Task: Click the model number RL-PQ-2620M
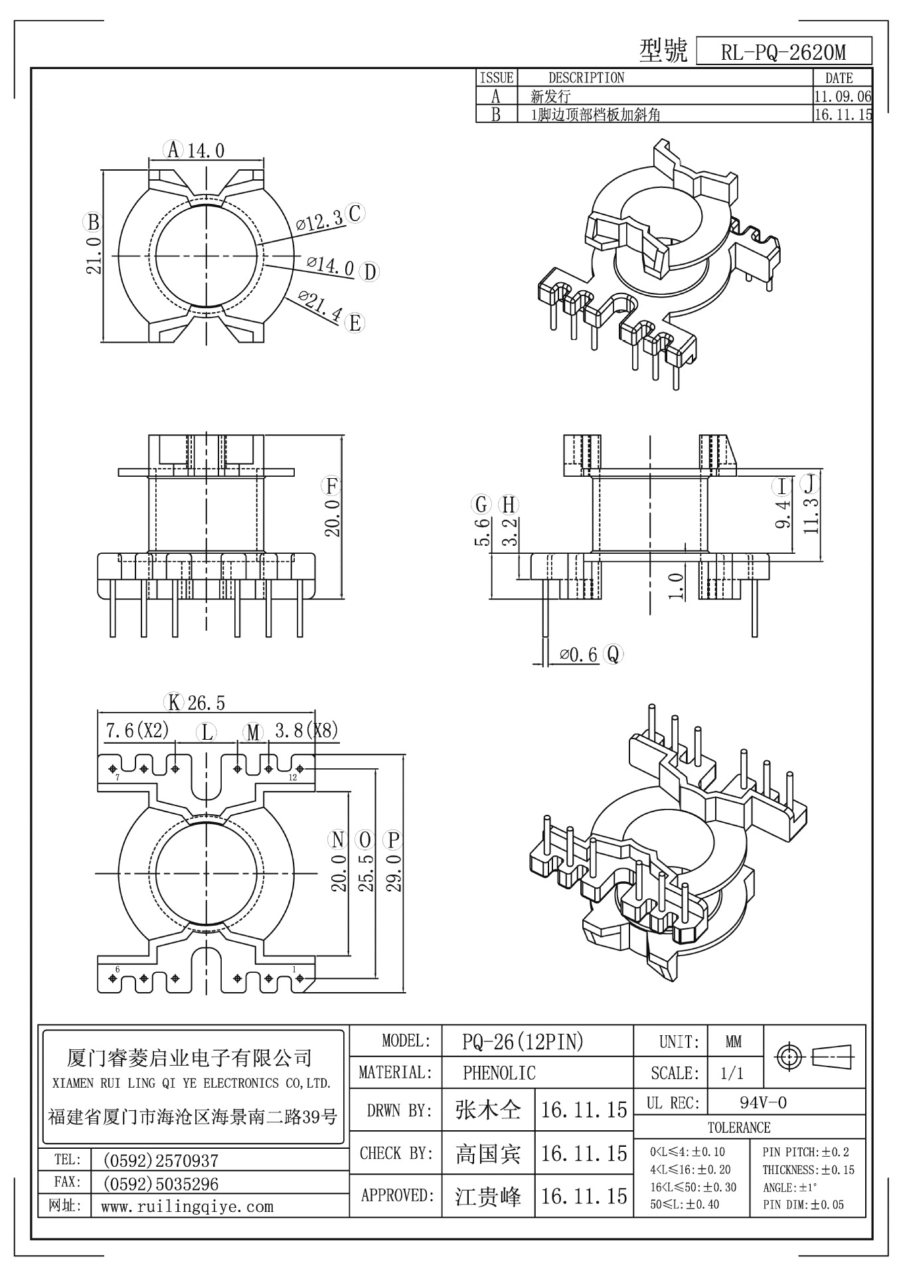[783, 52]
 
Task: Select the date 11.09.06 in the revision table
[842, 96]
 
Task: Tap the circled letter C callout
[355, 214]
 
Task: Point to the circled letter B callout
[93, 222]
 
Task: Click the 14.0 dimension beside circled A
[205, 151]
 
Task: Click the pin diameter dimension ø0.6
[578, 655]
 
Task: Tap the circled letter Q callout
[613, 654]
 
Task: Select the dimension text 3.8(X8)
[306, 731]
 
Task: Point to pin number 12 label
[293, 778]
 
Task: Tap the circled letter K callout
[174, 702]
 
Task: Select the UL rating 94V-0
[763, 1103]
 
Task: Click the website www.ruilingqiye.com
[187, 1207]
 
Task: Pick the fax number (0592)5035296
[160, 1184]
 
